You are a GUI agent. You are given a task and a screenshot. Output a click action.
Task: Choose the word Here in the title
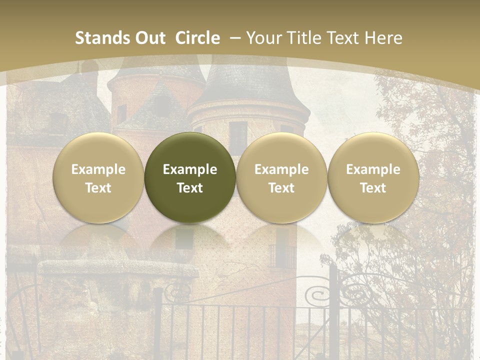pos(383,38)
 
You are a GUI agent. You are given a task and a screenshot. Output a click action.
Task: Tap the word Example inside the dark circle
pos(190,169)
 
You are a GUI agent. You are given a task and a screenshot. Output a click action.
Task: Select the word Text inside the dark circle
pos(190,188)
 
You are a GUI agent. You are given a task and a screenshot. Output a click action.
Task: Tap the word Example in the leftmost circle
pos(98,169)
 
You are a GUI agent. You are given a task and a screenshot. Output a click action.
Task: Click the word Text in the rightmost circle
pos(373,188)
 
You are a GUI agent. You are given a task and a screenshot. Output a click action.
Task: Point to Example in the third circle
pos(281,169)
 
